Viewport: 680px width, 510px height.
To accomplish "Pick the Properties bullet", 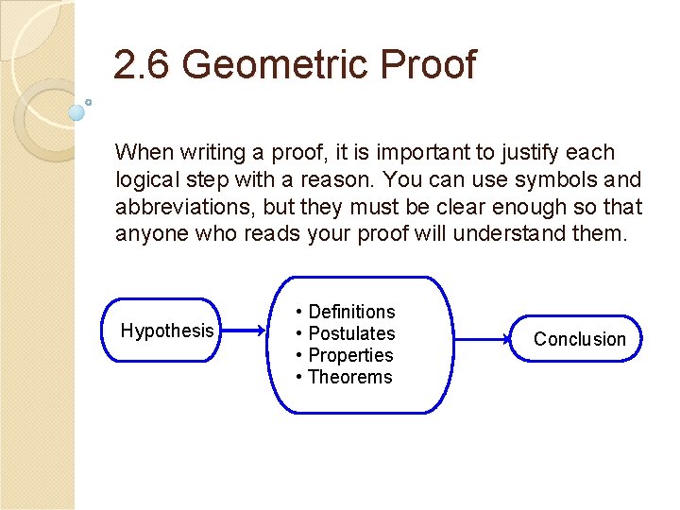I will pyautogui.click(x=345, y=355).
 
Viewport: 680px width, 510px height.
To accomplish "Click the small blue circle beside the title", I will pyautogui.click(x=76, y=112).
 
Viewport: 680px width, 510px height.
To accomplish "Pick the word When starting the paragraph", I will pyautogui.click(x=139, y=152).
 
